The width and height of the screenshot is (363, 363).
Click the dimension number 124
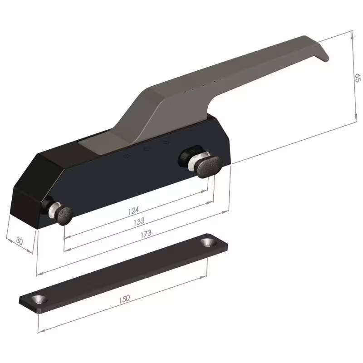click(133, 210)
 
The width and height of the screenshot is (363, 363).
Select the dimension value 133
click(139, 221)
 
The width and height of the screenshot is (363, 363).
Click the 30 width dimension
click(19, 241)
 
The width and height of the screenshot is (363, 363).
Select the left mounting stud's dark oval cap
click(64, 215)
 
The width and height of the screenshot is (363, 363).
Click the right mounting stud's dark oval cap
click(209, 165)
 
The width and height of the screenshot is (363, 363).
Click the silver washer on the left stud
click(54, 210)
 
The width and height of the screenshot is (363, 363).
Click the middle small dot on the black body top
click(146, 149)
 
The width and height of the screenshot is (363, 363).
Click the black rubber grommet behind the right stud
click(186, 157)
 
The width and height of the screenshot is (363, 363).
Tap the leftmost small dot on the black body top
click(127, 156)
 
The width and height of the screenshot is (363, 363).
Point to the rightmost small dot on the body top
click(166, 142)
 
